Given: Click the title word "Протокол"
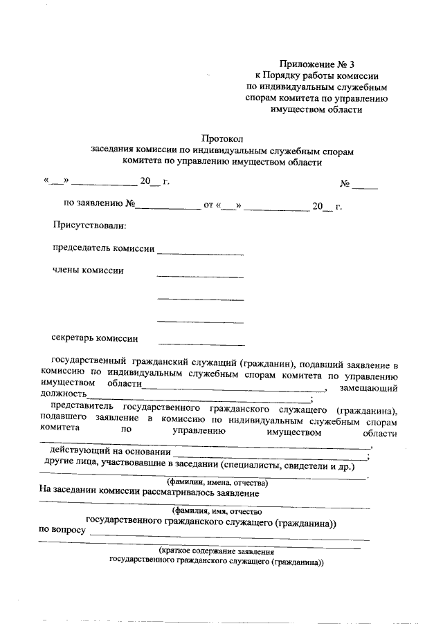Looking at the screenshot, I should pos(223,139).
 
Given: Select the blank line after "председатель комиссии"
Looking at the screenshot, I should pos(200,254).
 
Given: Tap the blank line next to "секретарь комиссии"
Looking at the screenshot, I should pos(201,344).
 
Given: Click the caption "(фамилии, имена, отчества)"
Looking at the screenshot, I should pos(217,482).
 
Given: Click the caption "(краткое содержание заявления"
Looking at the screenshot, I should pos(216,552).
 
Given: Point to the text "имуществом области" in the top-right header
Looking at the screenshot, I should pos(316,109).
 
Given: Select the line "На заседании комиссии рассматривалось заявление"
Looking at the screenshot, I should pos(149,493).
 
